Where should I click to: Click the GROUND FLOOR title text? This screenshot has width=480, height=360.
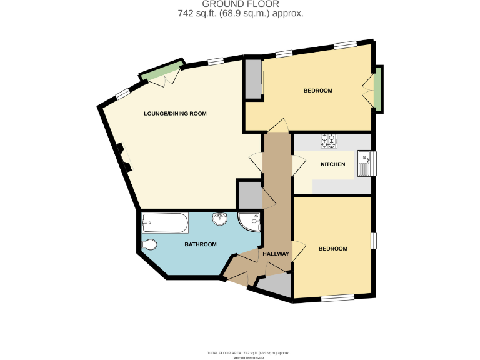[x=241, y=4]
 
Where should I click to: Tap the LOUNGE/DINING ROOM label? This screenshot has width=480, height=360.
[x=175, y=114]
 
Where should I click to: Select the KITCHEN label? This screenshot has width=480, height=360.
[x=332, y=164]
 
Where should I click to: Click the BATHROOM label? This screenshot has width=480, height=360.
[x=200, y=244]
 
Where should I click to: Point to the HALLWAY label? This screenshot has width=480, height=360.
[x=276, y=254]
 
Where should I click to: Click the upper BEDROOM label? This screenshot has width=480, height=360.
[x=317, y=91]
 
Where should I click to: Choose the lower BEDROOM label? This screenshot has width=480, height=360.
[x=332, y=249]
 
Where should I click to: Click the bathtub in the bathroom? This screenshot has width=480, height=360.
[x=165, y=221]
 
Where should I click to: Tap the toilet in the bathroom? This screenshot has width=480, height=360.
[x=150, y=244]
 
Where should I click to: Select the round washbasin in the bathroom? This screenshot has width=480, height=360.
[x=220, y=219]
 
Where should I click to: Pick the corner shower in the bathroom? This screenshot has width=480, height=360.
[x=250, y=221]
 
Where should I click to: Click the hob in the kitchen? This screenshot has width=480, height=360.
[x=329, y=141]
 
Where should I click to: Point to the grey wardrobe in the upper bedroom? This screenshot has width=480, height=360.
[x=254, y=79]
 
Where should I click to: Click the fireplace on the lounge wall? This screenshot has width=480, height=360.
[x=123, y=157]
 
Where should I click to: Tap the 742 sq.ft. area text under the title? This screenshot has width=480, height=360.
[x=241, y=14]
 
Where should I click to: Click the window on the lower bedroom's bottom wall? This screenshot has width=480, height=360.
[x=338, y=297]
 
